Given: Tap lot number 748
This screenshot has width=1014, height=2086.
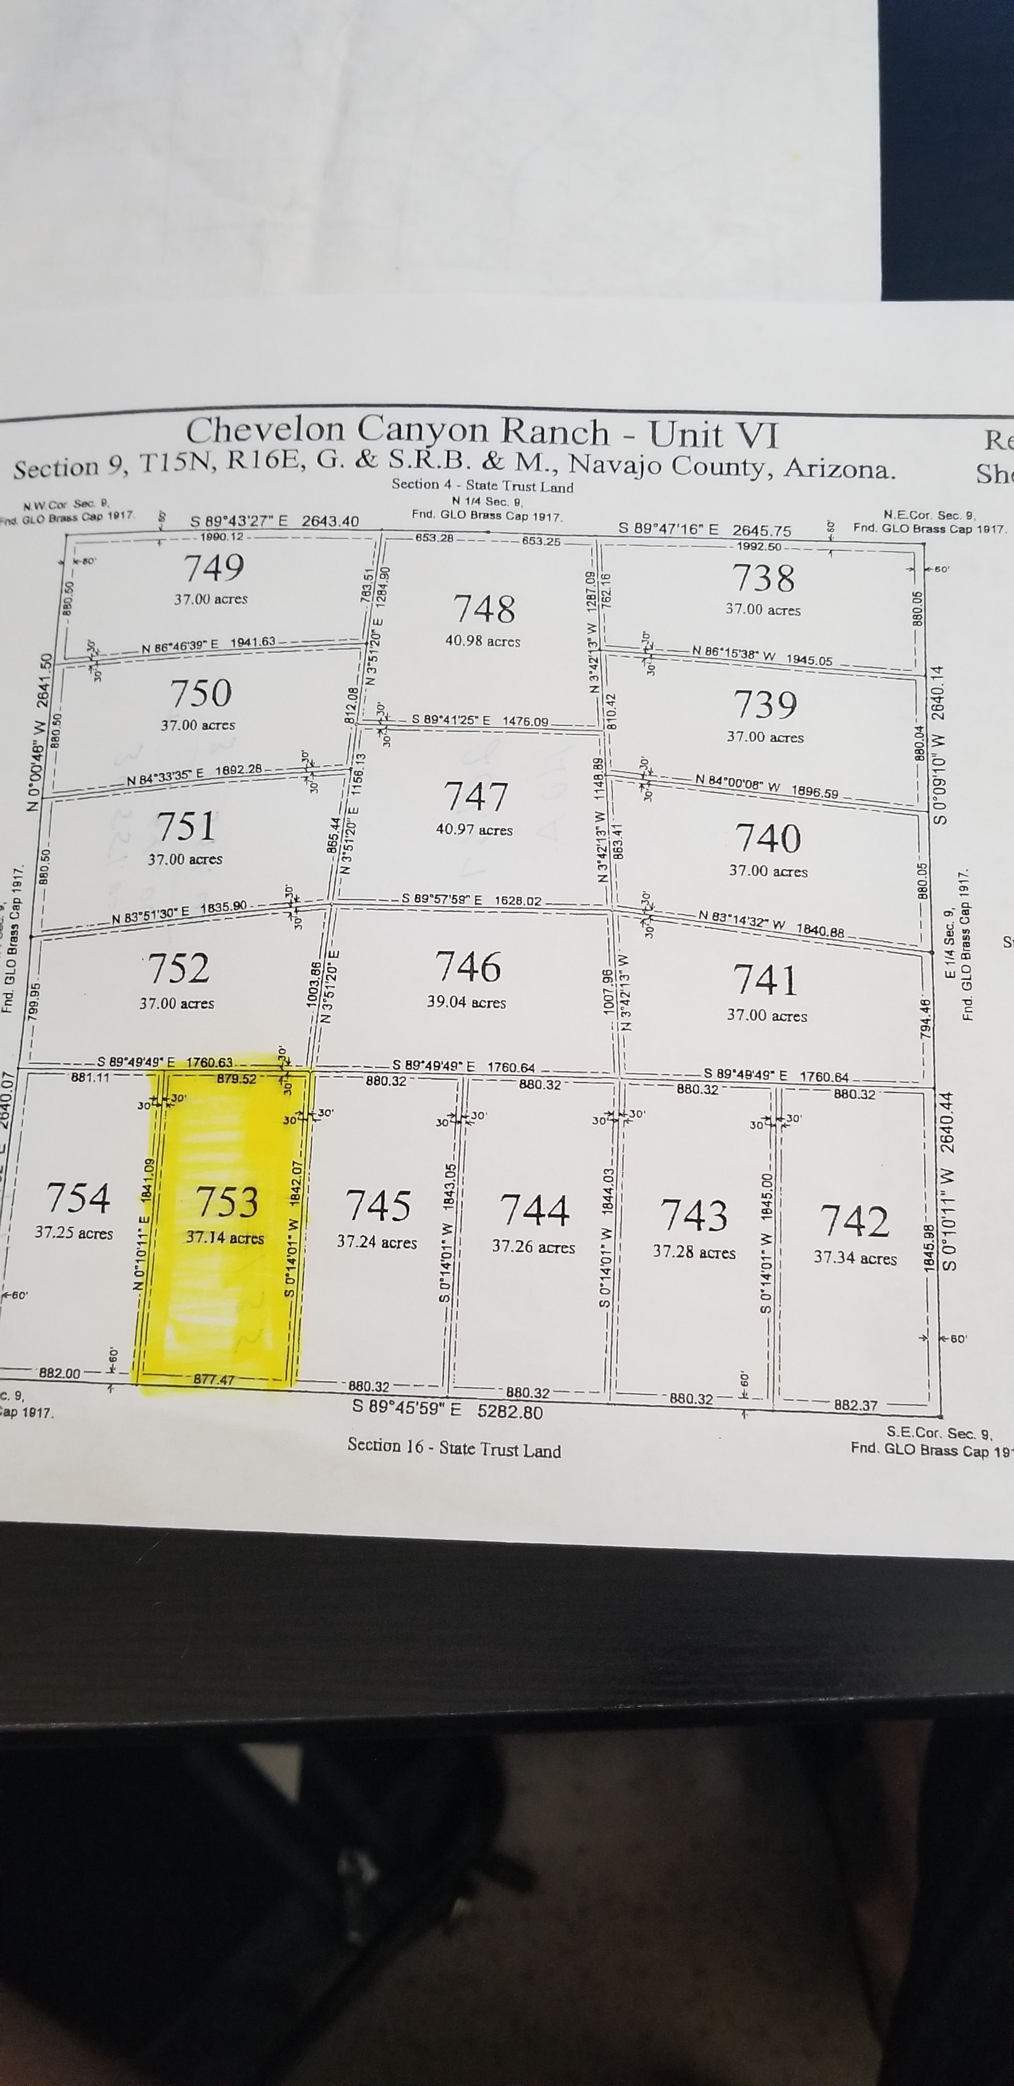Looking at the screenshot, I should pos(484,608).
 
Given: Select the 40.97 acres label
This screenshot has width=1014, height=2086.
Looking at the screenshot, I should pos(474,829).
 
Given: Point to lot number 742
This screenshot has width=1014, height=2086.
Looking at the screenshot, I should pos(855,1221).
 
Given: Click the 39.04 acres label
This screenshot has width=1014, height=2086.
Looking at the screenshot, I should pos(467,1002).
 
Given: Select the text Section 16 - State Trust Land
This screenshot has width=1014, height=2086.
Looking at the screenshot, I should pos(454,1449).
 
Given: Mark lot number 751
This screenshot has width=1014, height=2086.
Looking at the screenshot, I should pos(186,826).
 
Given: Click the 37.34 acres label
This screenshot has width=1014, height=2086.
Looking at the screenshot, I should pos(855,1258).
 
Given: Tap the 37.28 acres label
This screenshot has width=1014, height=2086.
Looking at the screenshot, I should pos(694,1252).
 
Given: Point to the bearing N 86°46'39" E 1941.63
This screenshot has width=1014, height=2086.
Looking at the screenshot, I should pos(208,645).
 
